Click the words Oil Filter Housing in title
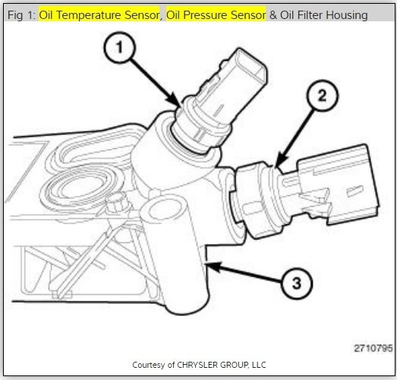pos(319,15)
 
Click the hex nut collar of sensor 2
pos(254,194)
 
